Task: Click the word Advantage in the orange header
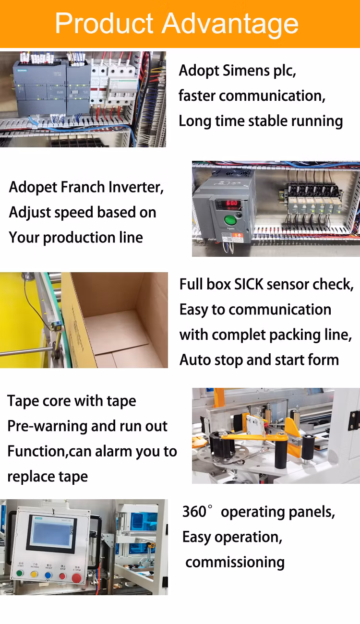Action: tap(230, 24)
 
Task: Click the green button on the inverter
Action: tap(230, 220)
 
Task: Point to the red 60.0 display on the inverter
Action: tap(231, 203)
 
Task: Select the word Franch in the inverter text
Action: tap(82, 187)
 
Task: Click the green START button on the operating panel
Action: tap(20, 573)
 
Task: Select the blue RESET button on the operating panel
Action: tap(48, 575)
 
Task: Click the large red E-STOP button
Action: tap(77, 578)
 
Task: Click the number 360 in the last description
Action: tap(194, 512)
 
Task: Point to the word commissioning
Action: tap(235, 563)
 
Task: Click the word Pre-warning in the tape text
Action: tap(47, 426)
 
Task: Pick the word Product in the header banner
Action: tap(105, 24)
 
